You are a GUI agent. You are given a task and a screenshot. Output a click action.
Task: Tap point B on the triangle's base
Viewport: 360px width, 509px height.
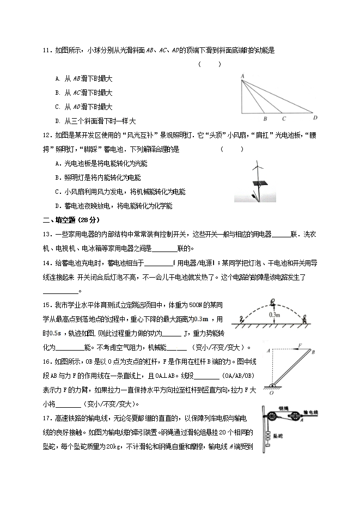tap(264, 118)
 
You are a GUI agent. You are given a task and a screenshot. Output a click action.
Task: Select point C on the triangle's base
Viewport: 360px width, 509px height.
tap(283, 118)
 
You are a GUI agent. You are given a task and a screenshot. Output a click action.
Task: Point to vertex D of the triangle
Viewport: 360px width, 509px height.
tap(316, 117)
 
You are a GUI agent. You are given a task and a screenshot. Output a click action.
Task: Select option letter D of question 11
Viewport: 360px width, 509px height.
tap(58, 121)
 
